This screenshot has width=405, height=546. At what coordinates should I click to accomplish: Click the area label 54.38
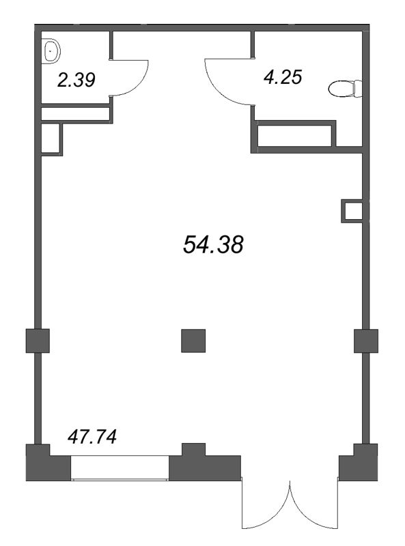click(x=213, y=244)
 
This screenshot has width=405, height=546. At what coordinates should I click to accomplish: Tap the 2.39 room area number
click(x=76, y=80)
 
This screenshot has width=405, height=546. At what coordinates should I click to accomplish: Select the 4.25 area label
click(x=283, y=77)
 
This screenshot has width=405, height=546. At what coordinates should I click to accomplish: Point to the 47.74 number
click(x=92, y=437)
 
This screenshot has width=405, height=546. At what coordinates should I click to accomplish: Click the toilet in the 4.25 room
click(x=345, y=89)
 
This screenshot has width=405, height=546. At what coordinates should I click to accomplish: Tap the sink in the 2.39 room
click(x=51, y=51)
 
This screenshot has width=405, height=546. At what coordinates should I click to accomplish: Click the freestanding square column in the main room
click(x=193, y=341)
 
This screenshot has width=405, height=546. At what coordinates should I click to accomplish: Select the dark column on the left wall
click(x=38, y=341)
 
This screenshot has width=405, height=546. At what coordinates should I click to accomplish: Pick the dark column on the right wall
click(x=366, y=341)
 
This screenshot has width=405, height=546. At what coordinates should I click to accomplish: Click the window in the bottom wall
click(x=120, y=468)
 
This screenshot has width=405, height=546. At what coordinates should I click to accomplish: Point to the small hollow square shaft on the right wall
click(x=352, y=210)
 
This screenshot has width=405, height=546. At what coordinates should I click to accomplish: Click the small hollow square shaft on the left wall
click(x=52, y=139)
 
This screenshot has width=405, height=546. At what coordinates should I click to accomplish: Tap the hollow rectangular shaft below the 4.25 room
click(x=294, y=136)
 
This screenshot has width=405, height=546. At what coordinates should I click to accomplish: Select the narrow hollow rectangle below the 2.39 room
click(x=76, y=113)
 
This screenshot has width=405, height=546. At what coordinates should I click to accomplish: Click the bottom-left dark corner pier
click(x=48, y=463)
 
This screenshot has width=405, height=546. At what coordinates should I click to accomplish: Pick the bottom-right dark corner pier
click(x=359, y=463)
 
